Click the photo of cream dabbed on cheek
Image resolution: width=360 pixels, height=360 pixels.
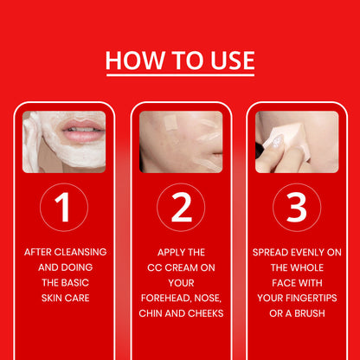coord(181,141)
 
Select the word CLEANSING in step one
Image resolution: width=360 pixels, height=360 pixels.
coord(83,252)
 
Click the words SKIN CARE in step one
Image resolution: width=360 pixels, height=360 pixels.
coord(65,297)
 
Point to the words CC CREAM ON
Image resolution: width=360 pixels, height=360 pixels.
coord(181,267)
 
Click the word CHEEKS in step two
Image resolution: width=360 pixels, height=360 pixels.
coord(203,312)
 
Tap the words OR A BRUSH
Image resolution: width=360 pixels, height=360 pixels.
coord(297,312)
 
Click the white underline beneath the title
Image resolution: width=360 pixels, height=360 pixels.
coord(180,75)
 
